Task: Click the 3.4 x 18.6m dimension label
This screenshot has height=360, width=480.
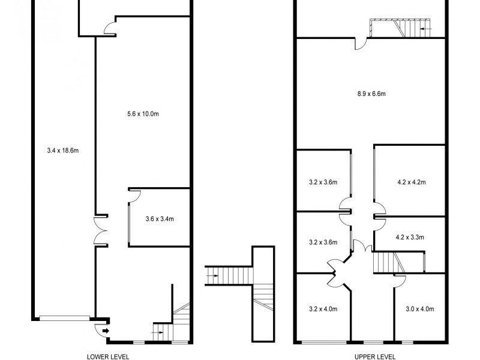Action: pos(63,150)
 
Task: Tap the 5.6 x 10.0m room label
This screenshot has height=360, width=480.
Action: pos(143,113)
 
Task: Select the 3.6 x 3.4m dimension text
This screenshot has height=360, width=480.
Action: pos(160,219)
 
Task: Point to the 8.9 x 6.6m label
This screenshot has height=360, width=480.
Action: pos(370,94)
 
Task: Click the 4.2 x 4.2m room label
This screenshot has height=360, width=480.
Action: pos(411,182)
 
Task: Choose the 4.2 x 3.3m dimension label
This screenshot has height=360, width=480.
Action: pos(410,237)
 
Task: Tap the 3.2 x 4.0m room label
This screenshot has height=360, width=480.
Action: pos(323,310)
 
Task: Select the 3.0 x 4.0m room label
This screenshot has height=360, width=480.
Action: pos(419,310)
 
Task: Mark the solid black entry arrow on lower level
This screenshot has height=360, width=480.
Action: pos(106,330)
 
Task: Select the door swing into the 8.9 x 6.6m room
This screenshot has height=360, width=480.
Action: pos(360,44)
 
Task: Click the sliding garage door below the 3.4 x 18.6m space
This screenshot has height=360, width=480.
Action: pos(63,318)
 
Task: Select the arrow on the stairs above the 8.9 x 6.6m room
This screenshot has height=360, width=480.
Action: pos(425,28)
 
